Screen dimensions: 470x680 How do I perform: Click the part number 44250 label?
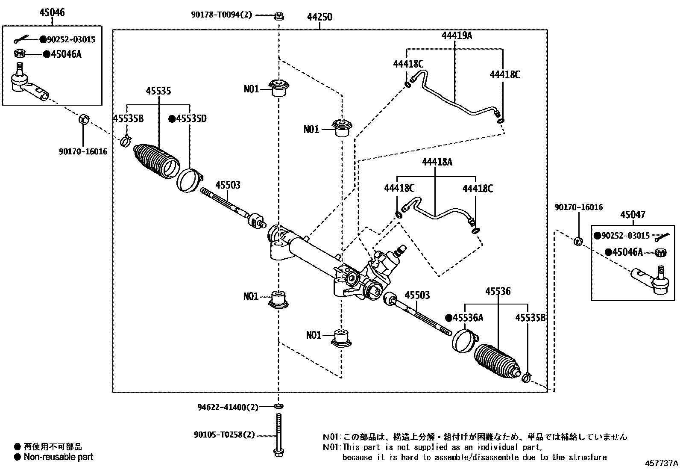click(x=319, y=17)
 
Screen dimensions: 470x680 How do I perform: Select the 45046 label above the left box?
click(x=52, y=12)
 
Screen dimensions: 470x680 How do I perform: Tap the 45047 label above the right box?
click(x=633, y=215)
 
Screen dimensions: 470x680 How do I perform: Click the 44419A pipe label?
click(x=457, y=35)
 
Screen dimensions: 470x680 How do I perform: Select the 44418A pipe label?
click(x=437, y=162)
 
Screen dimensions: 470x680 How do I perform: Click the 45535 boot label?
click(x=158, y=91)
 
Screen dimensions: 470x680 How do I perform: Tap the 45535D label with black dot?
click(x=188, y=119)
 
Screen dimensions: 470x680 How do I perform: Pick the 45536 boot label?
click(x=498, y=291)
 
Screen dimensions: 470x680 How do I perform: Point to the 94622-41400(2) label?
click(x=228, y=407)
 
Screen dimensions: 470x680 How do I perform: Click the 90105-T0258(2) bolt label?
click(x=224, y=435)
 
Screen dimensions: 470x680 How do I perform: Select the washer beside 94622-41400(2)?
click(x=278, y=405)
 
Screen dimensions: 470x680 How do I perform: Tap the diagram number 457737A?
click(x=662, y=463)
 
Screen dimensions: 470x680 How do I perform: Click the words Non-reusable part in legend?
click(x=58, y=457)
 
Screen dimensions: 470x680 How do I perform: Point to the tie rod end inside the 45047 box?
click(x=649, y=280)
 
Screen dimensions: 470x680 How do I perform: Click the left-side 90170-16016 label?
click(x=83, y=151)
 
